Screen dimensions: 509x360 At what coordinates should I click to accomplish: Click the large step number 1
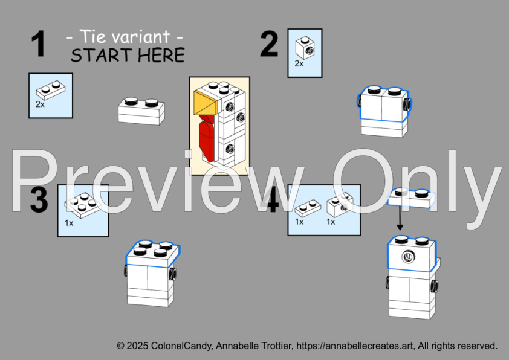[38, 44]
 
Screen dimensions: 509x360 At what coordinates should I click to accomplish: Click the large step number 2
[269, 44]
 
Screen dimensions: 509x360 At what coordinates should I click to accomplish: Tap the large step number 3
[39, 199]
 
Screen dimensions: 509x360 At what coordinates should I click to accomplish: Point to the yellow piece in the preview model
[205, 103]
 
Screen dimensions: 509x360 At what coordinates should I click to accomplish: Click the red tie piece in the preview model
[207, 138]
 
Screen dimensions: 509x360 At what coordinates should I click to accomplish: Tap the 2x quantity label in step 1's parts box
[41, 104]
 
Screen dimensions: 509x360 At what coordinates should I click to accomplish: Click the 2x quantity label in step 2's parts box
[299, 64]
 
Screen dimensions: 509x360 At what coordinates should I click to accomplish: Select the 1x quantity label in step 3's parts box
[69, 223]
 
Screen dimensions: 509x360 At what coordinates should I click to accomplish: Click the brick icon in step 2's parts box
[305, 48]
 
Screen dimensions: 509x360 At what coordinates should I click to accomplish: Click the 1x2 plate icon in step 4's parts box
[308, 208]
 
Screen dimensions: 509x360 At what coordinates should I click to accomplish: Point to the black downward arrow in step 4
[400, 218]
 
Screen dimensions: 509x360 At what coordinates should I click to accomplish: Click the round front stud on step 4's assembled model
[408, 257]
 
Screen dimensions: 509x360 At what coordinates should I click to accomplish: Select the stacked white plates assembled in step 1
[141, 111]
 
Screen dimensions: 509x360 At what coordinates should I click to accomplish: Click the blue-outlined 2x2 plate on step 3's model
[152, 254]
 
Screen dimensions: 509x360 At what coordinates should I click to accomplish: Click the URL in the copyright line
[355, 346]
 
